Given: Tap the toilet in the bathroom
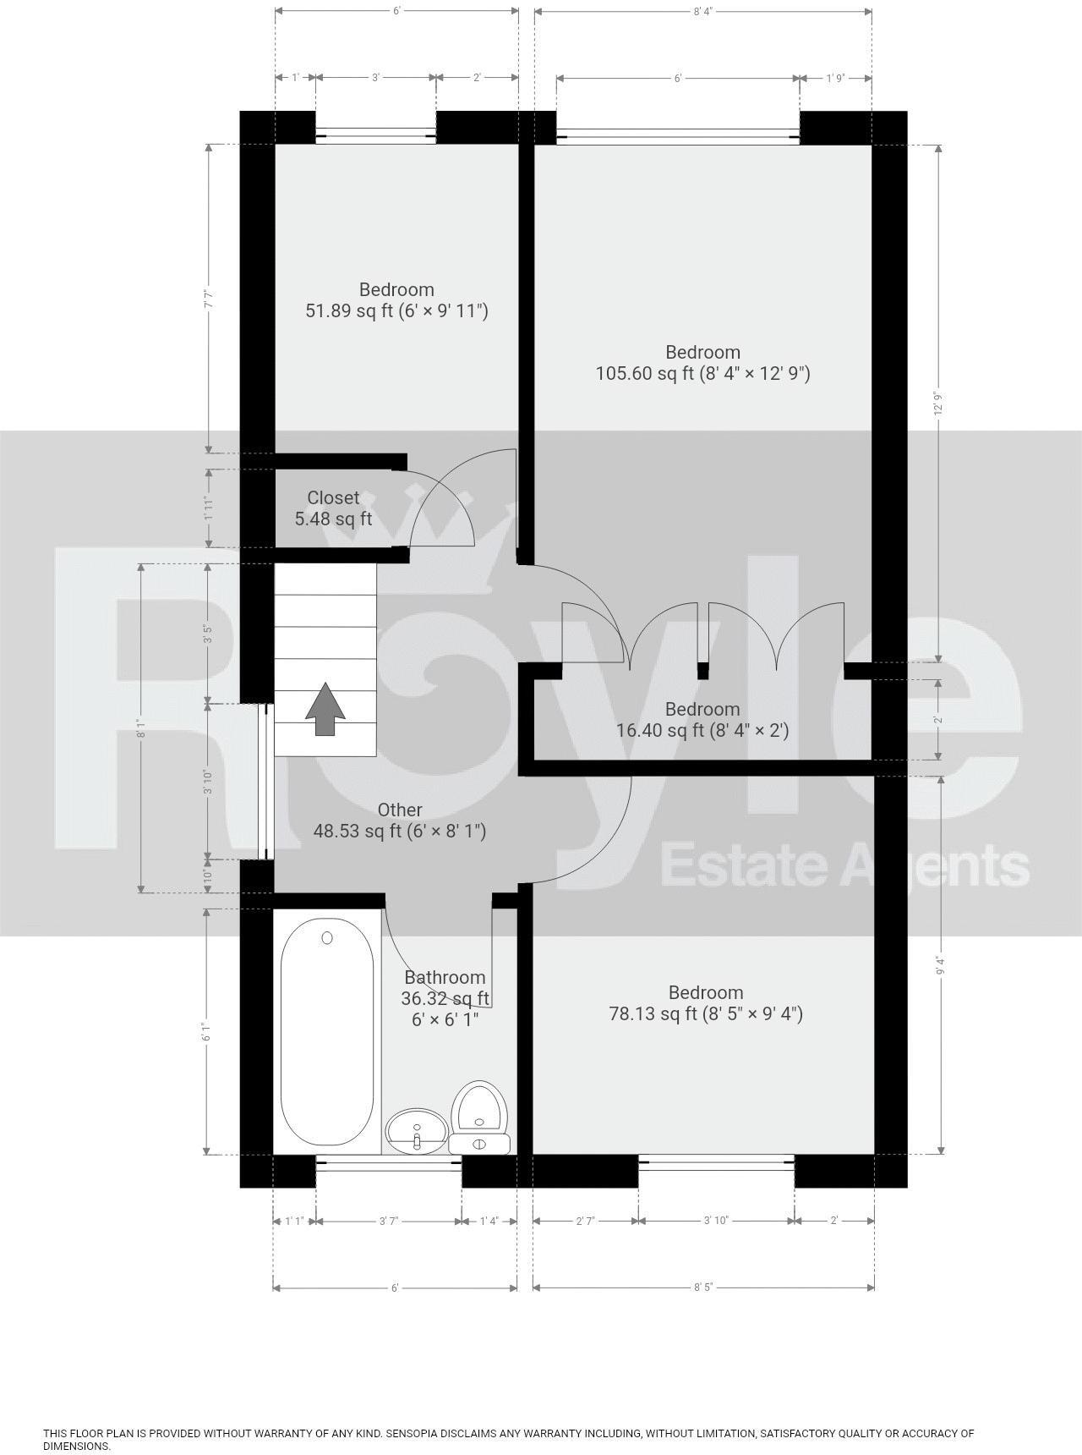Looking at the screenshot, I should [x=479, y=1117].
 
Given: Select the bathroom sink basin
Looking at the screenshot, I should [x=417, y=1130].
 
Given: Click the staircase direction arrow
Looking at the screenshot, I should [x=325, y=709].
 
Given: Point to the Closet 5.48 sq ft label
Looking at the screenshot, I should [x=333, y=508].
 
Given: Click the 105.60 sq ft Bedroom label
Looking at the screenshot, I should [x=702, y=363].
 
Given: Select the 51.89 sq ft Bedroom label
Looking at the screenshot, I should [x=396, y=300].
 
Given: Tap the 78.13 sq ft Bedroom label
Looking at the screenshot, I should [x=706, y=1003].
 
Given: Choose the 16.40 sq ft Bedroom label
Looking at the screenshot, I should [x=702, y=720].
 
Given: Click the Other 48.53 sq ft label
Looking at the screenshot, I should [x=400, y=821].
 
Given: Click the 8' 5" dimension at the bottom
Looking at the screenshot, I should [x=703, y=1288].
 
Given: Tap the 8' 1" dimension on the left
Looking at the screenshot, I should [x=142, y=728].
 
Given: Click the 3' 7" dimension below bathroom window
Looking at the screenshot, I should [x=389, y=1221].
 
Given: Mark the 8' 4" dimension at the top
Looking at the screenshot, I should [x=702, y=11].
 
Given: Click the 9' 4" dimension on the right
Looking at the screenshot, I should [x=940, y=965].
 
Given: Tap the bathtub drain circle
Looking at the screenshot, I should [x=327, y=937].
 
